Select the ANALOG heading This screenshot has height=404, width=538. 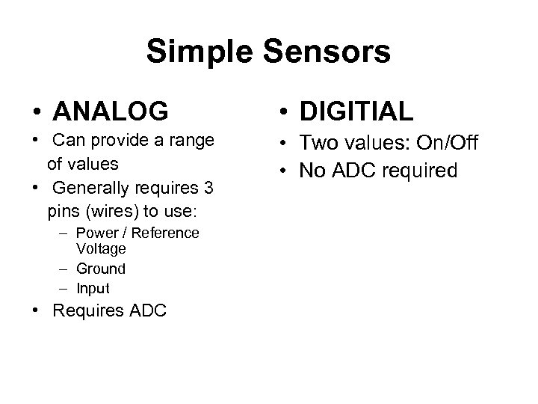click(111, 111)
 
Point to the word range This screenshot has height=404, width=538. click(193, 141)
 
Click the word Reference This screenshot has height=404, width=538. click(166, 233)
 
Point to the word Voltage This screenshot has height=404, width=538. click(101, 248)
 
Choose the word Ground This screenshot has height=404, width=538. click(100, 268)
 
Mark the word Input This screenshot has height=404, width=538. click(93, 288)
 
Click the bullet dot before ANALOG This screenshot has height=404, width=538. click(35, 112)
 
